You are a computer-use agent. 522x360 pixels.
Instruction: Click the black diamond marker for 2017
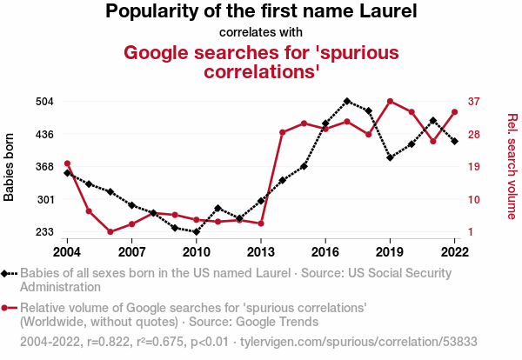coord(347,101)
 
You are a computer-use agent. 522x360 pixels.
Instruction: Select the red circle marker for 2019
coord(390,101)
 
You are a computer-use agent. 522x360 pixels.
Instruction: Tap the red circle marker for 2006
coord(110,231)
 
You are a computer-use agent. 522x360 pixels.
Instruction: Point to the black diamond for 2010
coord(197,231)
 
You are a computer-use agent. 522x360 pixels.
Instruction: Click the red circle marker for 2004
coord(67,163)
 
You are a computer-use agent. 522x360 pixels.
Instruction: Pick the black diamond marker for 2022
coord(455,142)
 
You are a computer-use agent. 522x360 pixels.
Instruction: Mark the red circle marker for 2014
coord(283,132)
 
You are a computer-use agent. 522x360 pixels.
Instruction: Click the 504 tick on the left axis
coord(44,101)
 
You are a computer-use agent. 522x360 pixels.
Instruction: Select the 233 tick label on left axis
coord(44,231)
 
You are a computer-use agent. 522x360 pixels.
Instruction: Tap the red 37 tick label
coord(474,101)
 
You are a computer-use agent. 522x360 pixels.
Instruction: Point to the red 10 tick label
coord(474,200)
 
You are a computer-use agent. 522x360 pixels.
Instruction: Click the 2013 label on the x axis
coord(261,252)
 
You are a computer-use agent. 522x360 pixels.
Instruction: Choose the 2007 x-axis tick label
coord(132,252)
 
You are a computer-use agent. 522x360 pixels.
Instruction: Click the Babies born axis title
coord(9,167)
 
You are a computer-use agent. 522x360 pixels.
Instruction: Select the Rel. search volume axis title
coord(512,166)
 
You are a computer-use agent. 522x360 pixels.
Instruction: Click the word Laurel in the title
coord(388,11)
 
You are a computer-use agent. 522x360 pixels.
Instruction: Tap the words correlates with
coord(261,32)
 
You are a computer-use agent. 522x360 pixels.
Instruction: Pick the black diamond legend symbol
coord(9,274)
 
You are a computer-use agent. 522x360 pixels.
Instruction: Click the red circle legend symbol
coord(9,308)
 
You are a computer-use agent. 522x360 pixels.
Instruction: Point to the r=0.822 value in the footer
coord(108,342)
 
